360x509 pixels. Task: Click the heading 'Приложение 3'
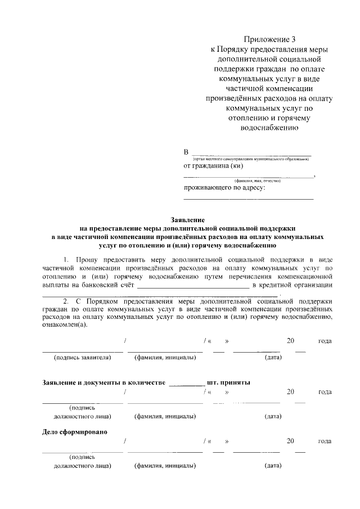(x=269, y=39)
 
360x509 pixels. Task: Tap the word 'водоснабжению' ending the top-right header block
(x=269, y=127)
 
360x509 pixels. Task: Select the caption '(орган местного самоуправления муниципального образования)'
(x=250, y=159)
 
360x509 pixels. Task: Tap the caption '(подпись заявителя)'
(x=83, y=357)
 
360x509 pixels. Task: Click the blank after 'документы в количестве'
(x=187, y=384)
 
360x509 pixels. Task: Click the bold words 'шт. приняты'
(x=228, y=382)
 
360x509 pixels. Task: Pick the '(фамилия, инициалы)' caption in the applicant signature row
(x=165, y=357)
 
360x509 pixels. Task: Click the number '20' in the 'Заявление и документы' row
(x=290, y=391)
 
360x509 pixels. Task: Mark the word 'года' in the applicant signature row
(x=325, y=341)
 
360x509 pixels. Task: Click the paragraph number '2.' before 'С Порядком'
(x=67, y=301)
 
